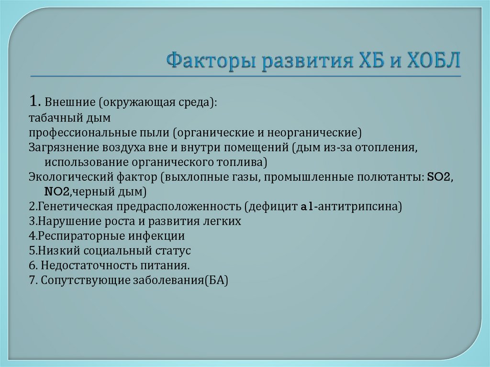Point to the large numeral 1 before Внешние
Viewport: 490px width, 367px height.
click(x=33, y=101)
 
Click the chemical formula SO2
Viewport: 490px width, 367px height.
click(x=439, y=177)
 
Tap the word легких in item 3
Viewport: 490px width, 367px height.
click(x=223, y=222)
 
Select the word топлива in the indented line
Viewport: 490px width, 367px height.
click(x=241, y=161)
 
